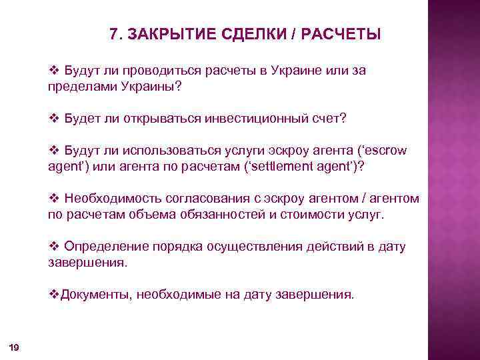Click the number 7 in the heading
coord(113,34)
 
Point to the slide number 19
coord(14,347)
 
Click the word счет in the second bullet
coord(330,117)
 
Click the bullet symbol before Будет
coord(55,117)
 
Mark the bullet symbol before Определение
coord(55,247)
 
